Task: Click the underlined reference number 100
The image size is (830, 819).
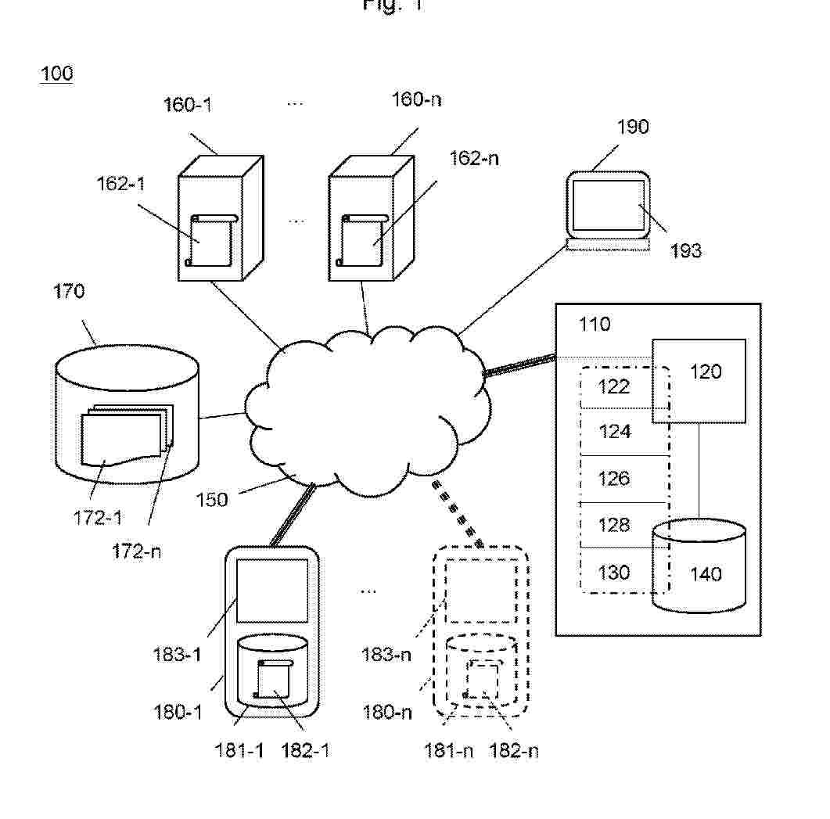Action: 56,74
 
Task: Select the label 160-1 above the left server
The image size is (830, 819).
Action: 188,105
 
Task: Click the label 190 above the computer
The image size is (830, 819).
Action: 633,127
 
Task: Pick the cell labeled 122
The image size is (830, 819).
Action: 614,386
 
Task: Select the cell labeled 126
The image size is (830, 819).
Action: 614,478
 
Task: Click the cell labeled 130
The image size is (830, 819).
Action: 614,572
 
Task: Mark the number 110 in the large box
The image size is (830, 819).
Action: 595,324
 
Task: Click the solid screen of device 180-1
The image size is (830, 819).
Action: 271,590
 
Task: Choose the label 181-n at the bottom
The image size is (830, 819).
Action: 448,751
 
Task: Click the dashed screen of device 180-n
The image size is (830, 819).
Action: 481,593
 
